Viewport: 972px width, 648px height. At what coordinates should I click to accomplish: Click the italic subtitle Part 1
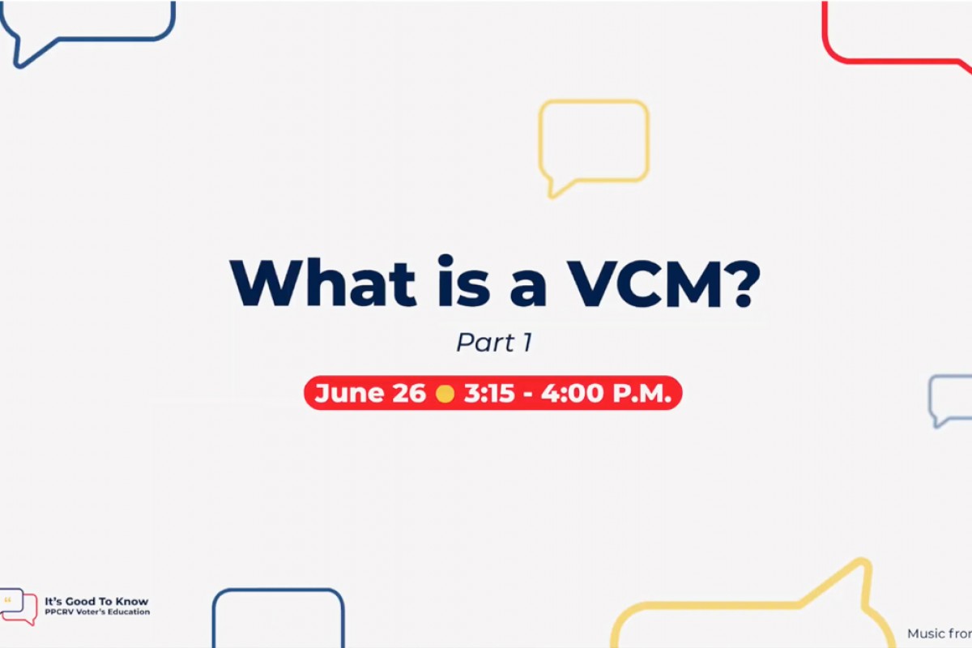[494, 343]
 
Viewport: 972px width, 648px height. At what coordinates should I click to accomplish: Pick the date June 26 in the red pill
[370, 394]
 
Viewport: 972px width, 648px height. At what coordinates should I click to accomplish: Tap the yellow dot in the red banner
[445, 394]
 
